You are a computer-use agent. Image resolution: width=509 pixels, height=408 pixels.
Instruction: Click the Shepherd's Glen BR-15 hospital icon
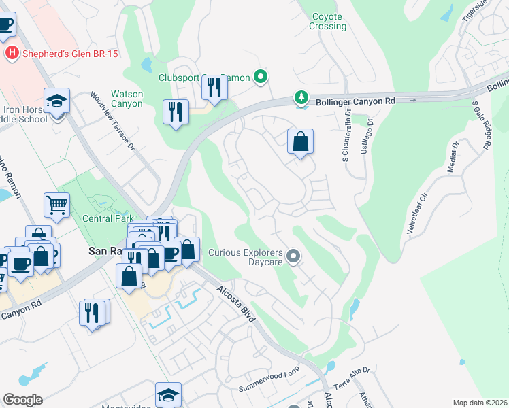point(11,52)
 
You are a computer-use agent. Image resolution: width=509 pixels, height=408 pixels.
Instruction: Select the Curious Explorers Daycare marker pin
point(293,256)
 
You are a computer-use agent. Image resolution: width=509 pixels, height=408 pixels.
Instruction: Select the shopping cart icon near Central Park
point(57,203)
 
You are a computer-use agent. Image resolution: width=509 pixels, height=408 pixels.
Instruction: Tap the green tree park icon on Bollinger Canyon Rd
point(301,99)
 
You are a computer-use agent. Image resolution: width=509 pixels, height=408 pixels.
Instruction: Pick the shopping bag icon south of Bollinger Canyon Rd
point(300,142)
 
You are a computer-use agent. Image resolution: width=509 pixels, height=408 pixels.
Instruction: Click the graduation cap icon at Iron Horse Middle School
point(57,101)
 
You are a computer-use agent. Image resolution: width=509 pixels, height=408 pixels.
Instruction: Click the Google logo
point(22,400)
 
